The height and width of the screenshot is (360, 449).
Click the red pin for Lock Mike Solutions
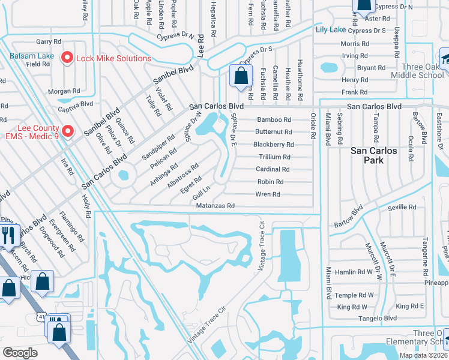point(67,58)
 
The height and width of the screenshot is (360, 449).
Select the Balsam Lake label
point(31,55)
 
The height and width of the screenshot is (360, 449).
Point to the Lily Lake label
point(330,29)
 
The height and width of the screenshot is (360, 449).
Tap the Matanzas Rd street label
point(214,205)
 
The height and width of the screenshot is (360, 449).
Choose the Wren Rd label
point(268,194)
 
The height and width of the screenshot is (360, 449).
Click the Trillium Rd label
point(274,157)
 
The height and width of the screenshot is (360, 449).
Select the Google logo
point(20,352)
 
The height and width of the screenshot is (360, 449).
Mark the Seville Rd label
point(402,207)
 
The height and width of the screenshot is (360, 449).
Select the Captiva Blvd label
point(75,103)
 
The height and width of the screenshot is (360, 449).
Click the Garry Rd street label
point(49,41)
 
